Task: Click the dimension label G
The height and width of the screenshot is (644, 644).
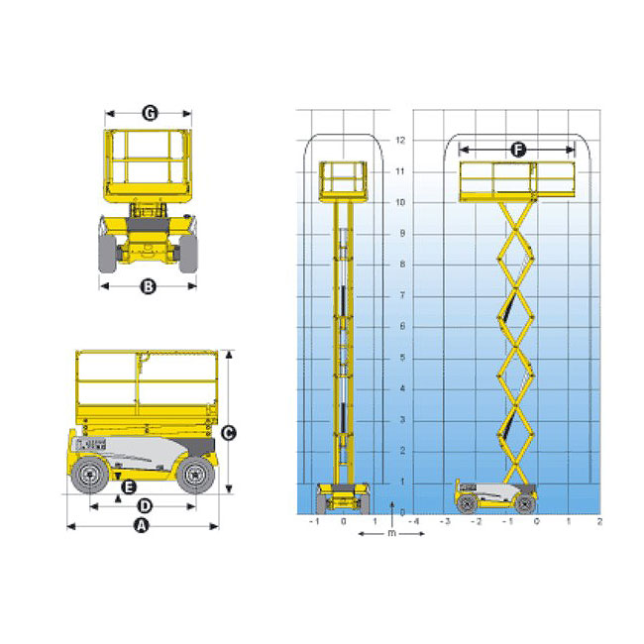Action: pyautogui.click(x=150, y=113)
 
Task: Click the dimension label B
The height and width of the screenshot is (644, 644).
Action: pyautogui.click(x=149, y=286)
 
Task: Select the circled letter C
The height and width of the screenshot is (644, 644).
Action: pyautogui.click(x=228, y=433)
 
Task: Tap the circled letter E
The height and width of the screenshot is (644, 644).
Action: pyautogui.click(x=129, y=487)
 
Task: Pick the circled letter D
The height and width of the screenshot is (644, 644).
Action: pyautogui.click(x=145, y=506)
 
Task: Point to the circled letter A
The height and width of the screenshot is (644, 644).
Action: pyautogui.click(x=142, y=526)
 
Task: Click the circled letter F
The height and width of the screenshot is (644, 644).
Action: pyautogui.click(x=518, y=150)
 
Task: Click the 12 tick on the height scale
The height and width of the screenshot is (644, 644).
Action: pyautogui.click(x=400, y=140)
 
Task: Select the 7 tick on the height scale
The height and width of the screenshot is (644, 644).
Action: pyautogui.click(x=402, y=295)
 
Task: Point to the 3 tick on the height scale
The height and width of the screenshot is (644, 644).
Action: pyautogui.click(x=402, y=419)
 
